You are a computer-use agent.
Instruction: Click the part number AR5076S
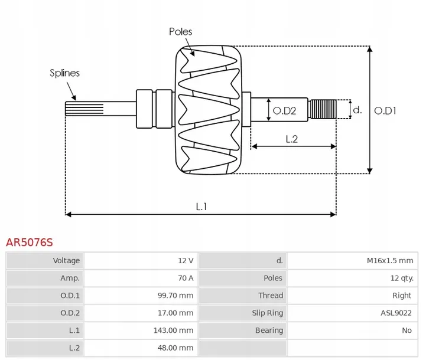tap(29, 242)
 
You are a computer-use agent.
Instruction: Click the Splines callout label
tap(64, 73)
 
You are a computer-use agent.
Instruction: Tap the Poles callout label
tap(180, 32)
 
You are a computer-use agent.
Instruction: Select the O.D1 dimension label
tap(385, 110)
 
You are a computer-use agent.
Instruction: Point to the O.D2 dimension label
tap(284, 110)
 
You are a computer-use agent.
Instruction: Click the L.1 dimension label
tap(201, 206)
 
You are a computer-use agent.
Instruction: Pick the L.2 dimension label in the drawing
tap(291, 139)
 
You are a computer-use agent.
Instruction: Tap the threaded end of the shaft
tap(324, 109)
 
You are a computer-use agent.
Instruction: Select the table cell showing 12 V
tap(186, 260)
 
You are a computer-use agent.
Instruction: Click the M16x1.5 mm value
tap(389, 260)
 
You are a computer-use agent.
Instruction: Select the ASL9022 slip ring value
tap(396, 313)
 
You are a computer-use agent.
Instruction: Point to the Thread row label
tap(270, 296)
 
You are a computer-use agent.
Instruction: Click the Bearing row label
tap(269, 330)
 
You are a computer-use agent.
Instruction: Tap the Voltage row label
tap(66, 260)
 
